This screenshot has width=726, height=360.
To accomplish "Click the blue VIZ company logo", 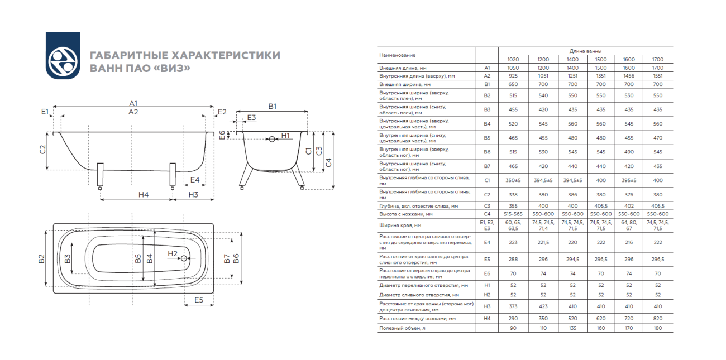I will coord(63,56).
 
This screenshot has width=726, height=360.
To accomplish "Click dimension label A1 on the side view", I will coord(133,103).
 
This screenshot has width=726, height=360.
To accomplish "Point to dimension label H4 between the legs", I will coord(144,195).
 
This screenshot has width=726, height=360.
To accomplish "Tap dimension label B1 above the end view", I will coord(272,105).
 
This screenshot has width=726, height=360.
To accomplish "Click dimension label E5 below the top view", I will coord(199,300).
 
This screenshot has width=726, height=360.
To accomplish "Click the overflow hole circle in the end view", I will coord(272,139).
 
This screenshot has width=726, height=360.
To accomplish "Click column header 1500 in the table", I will coord(600,59).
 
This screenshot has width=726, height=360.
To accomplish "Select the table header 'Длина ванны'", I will coord(585,51).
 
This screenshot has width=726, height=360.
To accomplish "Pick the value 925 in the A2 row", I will coord(513,75).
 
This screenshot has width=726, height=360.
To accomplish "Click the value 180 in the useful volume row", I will coord(658,328).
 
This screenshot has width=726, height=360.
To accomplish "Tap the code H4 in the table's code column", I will coord(486,318).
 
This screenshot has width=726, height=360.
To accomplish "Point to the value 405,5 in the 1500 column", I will coord(600,205).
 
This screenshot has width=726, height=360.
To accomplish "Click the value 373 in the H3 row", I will coord(513,306).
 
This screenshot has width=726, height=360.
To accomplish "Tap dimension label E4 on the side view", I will coord(195,180).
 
